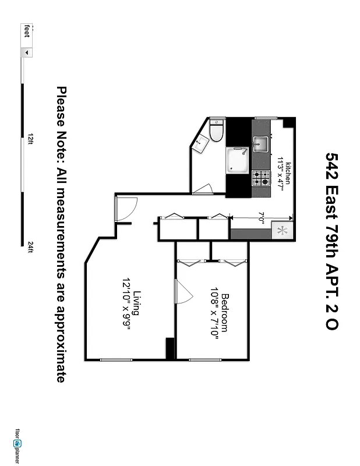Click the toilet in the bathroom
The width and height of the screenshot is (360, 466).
pyautogui.click(x=217, y=130)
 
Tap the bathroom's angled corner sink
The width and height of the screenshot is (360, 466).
pyautogui.click(x=201, y=143)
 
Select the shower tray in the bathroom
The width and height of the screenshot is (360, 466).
pyautogui.click(x=238, y=160)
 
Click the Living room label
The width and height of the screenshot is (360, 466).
pyautogui.click(x=137, y=303)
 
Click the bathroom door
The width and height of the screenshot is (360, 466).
pyautogui.click(x=203, y=189)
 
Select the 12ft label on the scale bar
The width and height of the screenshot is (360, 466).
pyautogui.click(x=30, y=139)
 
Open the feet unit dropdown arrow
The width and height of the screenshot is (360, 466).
pyautogui.click(x=26, y=52)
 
